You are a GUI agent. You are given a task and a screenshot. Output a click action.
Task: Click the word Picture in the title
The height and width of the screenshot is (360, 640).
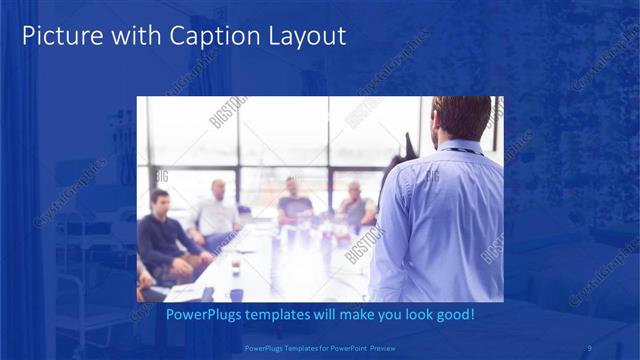(x=60, y=37)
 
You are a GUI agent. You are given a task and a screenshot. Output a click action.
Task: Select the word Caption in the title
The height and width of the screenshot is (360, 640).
(x=213, y=37)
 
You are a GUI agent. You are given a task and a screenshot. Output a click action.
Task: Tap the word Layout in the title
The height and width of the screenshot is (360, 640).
(x=305, y=37)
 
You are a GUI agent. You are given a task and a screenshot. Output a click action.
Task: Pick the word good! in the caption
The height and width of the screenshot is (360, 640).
(x=452, y=315)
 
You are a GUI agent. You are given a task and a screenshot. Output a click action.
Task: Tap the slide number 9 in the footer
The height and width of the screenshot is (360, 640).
(x=590, y=348)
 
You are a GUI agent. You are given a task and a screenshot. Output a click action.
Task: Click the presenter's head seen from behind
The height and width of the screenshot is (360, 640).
(x=462, y=118)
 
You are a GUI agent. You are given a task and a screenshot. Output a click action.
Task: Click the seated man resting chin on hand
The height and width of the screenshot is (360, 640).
(x=355, y=205)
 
